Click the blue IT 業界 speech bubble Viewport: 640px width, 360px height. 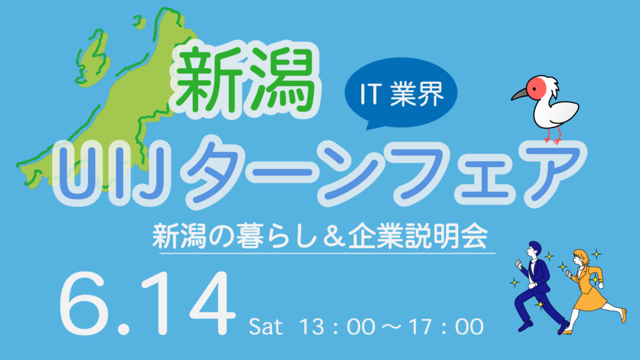point(401,94)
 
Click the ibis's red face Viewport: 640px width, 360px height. point(536,86)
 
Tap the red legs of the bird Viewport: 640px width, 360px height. point(554,135)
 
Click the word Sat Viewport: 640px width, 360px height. point(266,327)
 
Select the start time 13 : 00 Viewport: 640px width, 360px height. point(337,327)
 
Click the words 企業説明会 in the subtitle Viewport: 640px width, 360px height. point(418,236)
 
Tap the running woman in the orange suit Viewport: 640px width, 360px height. point(592,291)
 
